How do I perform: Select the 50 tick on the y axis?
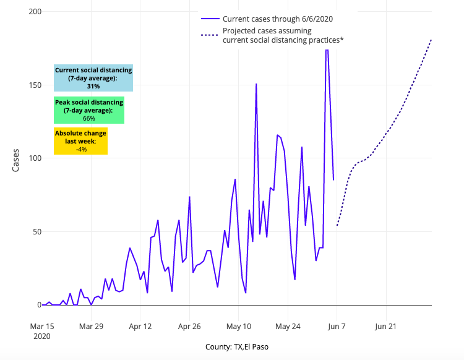click(37, 231)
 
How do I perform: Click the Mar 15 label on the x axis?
click(42, 326)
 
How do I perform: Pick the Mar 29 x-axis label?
click(91, 326)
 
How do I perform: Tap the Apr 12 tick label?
click(140, 326)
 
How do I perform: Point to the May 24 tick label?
click(288, 326)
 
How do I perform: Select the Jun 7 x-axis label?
click(337, 326)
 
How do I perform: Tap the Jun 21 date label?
click(385, 326)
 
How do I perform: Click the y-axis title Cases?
click(17, 159)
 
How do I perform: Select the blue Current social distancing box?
click(93, 78)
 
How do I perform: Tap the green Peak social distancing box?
click(89, 110)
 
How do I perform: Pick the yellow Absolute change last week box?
click(80, 141)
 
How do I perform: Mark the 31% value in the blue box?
click(93, 87)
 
